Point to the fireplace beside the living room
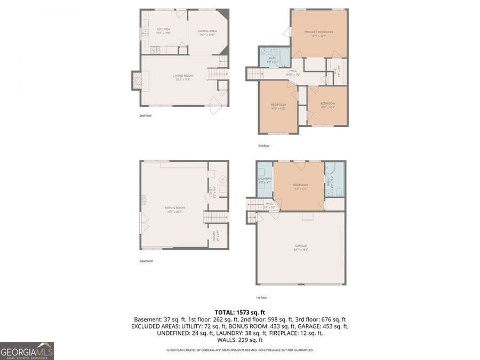point(137,81)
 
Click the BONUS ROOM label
point(175,209)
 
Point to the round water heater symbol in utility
point(223,179)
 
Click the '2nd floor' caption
point(145,115)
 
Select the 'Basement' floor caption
point(146,261)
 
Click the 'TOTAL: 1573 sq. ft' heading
point(239,312)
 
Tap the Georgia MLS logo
point(27,351)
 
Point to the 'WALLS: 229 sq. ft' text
point(239,340)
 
